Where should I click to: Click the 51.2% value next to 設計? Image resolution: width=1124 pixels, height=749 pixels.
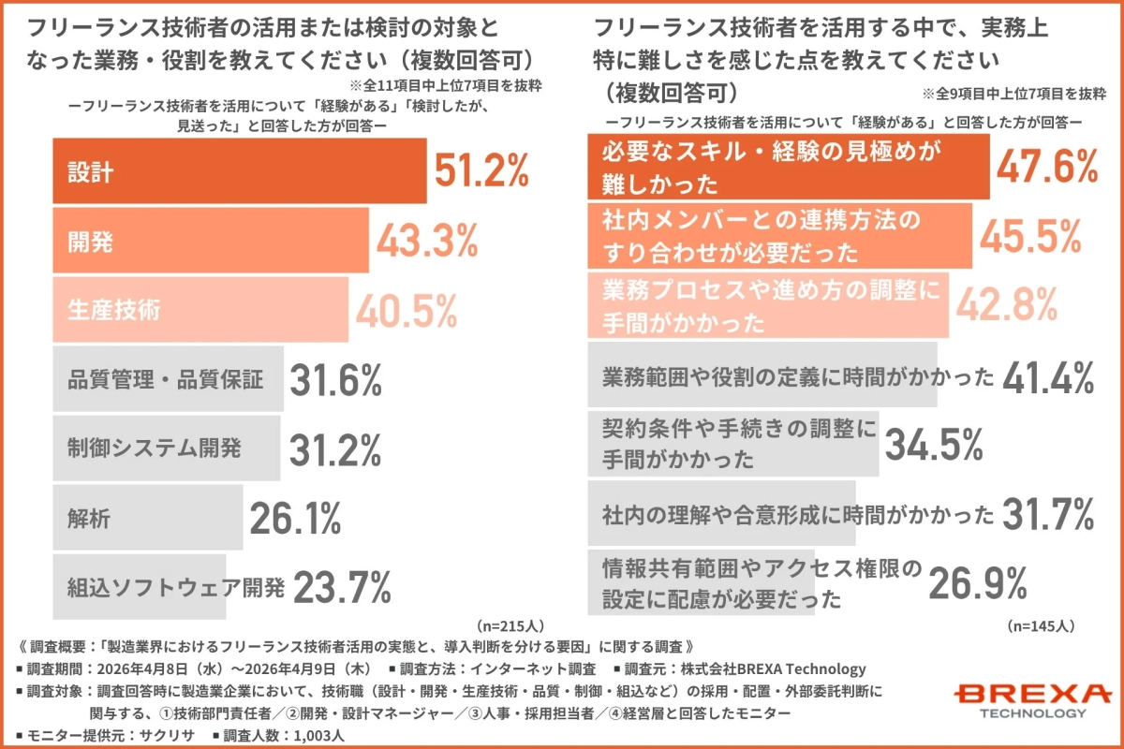pyautogui.click(x=481, y=171)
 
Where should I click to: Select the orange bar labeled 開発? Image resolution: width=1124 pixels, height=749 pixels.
pyautogui.click(x=211, y=242)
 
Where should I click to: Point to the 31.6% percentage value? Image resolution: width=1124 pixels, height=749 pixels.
pyautogui.click(x=335, y=381)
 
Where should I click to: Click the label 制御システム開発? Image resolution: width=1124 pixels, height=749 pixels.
pyautogui.click(x=154, y=448)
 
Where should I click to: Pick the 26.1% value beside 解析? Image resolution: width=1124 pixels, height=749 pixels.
pyautogui.click(x=294, y=518)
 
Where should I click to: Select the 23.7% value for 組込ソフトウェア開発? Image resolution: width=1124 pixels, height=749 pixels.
pyautogui.click(x=342, y=588)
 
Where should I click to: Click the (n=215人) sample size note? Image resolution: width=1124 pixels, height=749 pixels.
pyautogui.click(x=510, y=624)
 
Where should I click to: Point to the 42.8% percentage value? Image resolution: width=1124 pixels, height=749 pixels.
pyautogui.click(x=1007, y=306)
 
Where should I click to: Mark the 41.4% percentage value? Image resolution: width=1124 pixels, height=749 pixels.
pyautogui.click(x=1048, y=377)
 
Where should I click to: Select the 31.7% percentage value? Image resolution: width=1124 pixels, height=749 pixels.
pyautogui.click(x=1048, y=514)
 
